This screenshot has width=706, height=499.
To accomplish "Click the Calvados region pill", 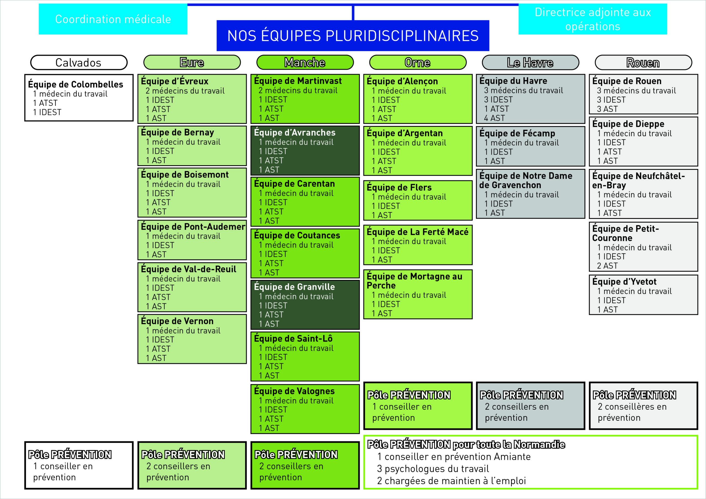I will (x=79, y=63).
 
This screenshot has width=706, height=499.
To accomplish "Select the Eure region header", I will (x=192, y=63).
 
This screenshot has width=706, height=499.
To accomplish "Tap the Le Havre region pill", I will (x=530, y=63).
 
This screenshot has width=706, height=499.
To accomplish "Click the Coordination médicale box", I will (x=113, y=19).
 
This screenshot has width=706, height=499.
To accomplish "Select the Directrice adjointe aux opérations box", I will (x=593, y=19).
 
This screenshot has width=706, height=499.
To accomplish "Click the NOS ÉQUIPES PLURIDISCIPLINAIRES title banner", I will (x=353, y=36).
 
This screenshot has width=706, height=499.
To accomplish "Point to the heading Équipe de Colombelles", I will (x=75, y=84).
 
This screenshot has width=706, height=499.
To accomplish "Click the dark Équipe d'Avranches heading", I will (x=295, y=133).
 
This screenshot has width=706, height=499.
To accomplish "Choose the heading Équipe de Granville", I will (x=294, y=287).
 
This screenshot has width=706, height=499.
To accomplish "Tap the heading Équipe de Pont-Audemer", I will (x=193, y=227).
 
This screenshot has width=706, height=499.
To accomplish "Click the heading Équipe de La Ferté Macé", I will (x=417, y=232).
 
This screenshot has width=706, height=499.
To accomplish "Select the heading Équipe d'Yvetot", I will (x=624, y=282).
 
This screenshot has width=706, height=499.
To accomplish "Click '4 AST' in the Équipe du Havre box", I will (x=494, y=118).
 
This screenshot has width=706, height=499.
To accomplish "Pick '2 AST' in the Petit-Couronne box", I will (x=607, y=266).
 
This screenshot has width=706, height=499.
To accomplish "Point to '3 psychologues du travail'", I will (x=433, y=469).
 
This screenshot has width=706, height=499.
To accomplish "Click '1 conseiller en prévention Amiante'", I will (x=454, y=457).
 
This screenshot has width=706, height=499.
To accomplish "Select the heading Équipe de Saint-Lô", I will (x=293, y=339).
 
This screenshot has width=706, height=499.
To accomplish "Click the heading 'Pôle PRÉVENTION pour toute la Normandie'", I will (x=466, y=445).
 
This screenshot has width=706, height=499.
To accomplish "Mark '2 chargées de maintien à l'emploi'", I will (x=451, y=481).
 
